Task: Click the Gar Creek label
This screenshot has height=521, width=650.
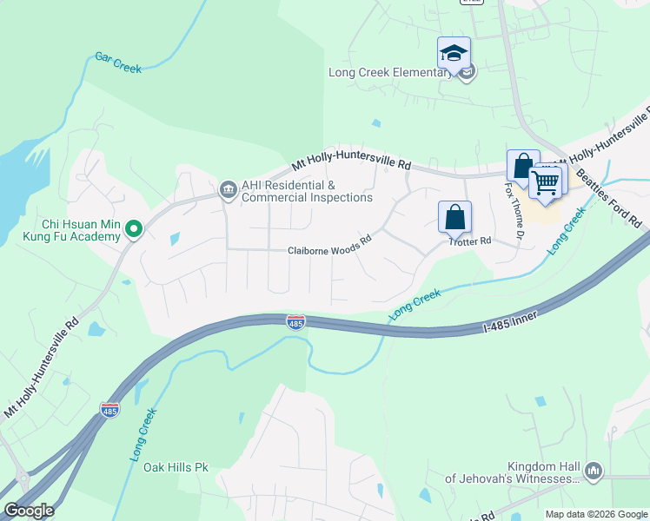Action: pos(117,63)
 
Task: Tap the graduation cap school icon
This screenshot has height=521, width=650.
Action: pos(454,54)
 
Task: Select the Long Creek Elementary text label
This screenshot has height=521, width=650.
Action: pos(389,73)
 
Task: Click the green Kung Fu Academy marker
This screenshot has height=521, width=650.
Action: pos(134,229)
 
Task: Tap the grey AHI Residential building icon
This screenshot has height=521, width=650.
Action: pos(228,188)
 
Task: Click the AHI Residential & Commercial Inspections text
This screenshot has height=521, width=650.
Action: pos(307,192)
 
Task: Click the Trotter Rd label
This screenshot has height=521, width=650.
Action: pos(470,241)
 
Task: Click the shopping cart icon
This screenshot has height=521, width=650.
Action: pos(546,183)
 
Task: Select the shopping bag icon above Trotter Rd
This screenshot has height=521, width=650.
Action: pos(455,217)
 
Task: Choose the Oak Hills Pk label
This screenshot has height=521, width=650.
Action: pos(176,467)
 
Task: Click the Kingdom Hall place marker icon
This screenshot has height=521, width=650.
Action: pos(594,471)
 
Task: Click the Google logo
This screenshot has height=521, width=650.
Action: pos(29,511)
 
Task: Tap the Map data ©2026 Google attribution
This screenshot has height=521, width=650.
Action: pos(595,514)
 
